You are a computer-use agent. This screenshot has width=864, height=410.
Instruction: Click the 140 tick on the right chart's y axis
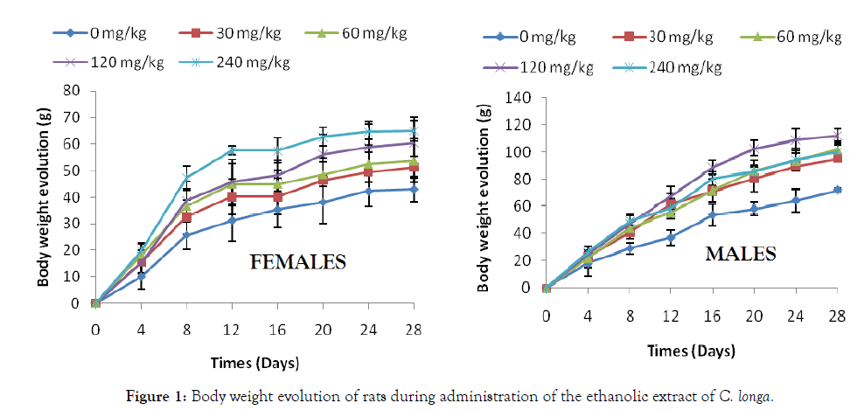[519, 98]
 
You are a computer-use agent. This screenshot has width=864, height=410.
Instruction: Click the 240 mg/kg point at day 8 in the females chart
[186, 177]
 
